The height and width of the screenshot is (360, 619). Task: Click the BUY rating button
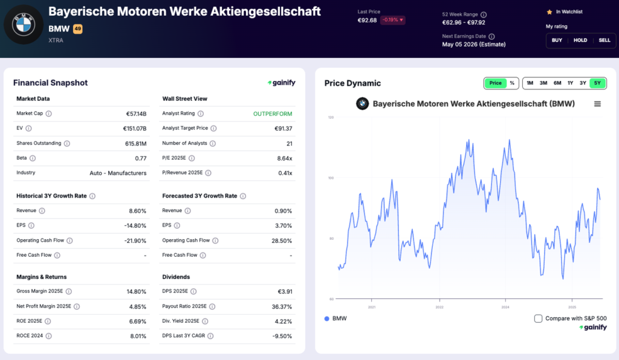click(x=557, y=40)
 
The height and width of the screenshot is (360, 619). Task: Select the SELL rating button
click(x=604, y=40)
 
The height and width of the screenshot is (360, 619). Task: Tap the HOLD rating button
click(x=580, y=40)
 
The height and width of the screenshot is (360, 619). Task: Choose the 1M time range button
click(x=530, y=83)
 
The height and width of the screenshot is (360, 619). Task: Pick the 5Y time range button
click(x=597, y=83)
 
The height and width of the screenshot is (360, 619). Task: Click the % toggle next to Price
click(x=512, y=83)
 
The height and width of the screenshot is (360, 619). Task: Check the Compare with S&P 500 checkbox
click(x=539, y=318)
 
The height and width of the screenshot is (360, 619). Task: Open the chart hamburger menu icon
click(x=597, y=104)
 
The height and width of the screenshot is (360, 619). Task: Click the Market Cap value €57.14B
click(x=136, y=114)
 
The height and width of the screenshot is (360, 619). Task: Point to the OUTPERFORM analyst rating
click(x=273, y=114)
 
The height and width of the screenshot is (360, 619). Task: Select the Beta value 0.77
click(x=141, y=158)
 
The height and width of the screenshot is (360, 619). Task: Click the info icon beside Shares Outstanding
click(x=66, y=143)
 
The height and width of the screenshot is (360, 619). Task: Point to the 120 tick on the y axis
click(x=331, y=117)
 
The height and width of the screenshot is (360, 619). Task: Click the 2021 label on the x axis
click(x=372, y=307)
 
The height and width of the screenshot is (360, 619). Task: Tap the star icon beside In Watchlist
click(x=549, y=11)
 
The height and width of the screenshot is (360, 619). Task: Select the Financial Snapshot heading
click(x=50, y=83)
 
